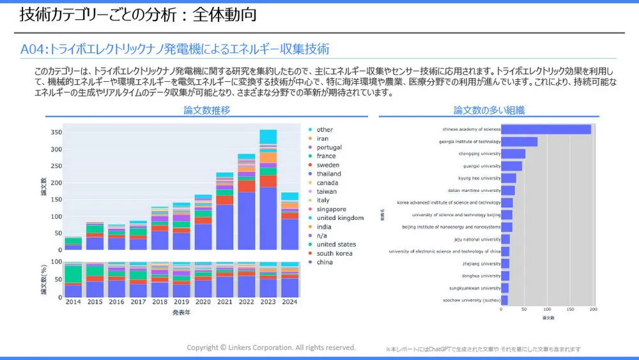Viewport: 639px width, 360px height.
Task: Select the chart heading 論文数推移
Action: (x=206, y=111)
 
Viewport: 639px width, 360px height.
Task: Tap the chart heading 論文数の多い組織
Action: (x=489, y=111)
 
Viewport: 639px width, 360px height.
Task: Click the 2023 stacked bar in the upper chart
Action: (x=268, y=192)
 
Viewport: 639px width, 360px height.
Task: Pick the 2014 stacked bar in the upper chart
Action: (x=73, y=243)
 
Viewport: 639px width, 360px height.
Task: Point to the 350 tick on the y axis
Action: (x=56, y=132)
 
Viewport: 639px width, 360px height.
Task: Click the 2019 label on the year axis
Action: (x=181, y=302)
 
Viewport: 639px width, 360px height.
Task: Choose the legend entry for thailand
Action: (x=328, y=174)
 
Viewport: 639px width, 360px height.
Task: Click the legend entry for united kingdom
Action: (x=340, y=218)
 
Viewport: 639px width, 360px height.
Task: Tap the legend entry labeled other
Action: (x=325, y=130)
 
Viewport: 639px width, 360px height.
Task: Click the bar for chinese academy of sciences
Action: (x=546, y=130)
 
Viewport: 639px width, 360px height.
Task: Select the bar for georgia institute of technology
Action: (x=520, y=142)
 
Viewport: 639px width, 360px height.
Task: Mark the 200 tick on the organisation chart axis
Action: (x=593, y=310)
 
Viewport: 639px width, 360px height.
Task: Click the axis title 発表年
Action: (x=181, y=313)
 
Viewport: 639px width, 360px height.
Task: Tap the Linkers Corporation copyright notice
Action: (x=271, y=348)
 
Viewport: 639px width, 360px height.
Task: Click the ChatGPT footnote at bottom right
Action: (x=483, y=350)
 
